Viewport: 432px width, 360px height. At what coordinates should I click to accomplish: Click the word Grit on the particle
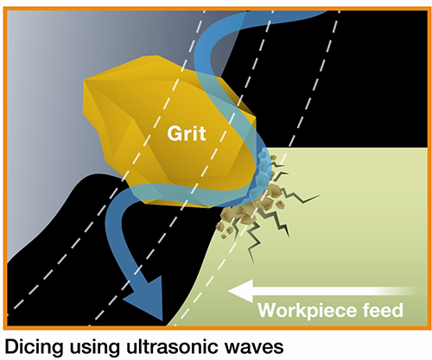point(187,133)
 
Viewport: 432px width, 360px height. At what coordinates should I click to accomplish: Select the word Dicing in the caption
point(34,347)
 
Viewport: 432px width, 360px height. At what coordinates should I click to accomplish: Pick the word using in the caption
point(94,348)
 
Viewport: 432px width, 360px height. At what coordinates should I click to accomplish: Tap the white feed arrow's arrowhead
point(241,291)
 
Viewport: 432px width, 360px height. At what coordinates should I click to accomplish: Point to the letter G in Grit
point(175,133)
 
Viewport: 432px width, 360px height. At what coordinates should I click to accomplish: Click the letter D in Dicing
point(11,346)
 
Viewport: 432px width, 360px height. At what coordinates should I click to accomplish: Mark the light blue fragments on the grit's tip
point(263,173)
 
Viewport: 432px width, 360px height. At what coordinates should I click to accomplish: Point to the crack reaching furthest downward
point(250,244)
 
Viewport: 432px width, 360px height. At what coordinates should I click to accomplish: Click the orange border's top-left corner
point(4,8)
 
